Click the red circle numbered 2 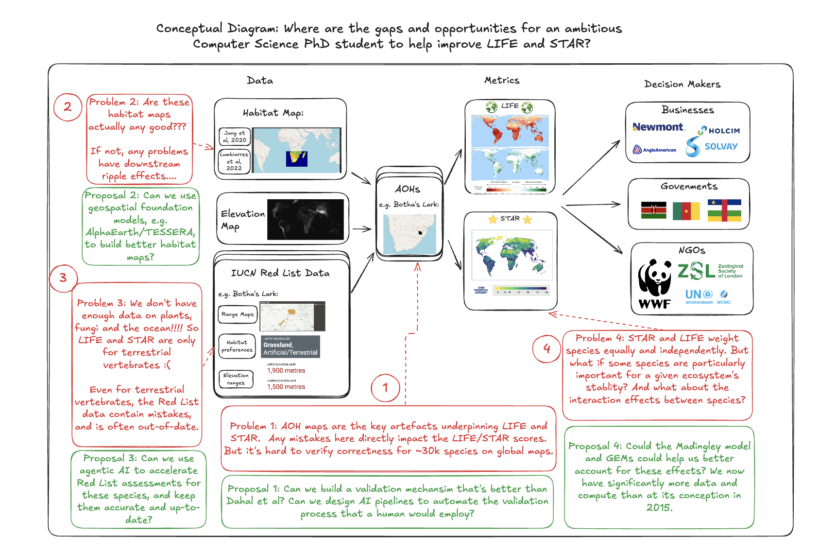[68, 107]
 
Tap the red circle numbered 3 [63, 278]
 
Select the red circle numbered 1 [385, 388]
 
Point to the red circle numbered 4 [546, 348]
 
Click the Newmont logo [658, 127]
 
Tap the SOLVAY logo [712, 146]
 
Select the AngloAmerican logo [654, 150]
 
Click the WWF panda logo [654, 284]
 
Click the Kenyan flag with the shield [653, 210]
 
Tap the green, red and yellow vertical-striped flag [686, 211]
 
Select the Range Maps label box [238, 314]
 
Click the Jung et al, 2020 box [235, 137]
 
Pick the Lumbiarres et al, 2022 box [234, 161]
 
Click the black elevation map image [305, 220]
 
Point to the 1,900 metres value [286, 371]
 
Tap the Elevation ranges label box [236, 379]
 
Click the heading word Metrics [502, 81]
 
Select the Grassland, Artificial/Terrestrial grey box [290, 347]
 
